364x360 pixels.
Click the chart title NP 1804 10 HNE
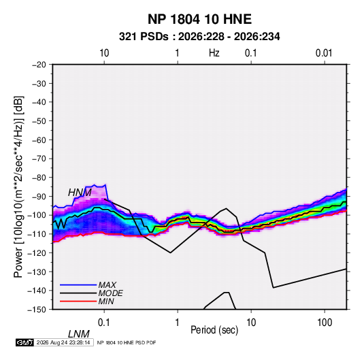pyautogui.click(x=199, y=19)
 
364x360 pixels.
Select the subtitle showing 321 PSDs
pyautogui.click(x=199, y=37)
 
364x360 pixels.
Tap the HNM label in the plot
pyautogui.click(x=80, y=193)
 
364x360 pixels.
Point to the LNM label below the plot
pyautogui.click(x=78, y=334)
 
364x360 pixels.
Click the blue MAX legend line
pyautogui.click(x=78, y=285)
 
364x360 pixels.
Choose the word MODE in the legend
pyautogui.click(x=110, y=293)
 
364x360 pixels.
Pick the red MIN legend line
pyautogui.click(x=78, y=301)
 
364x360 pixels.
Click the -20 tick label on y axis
pyautogui.click(x=39, y=65)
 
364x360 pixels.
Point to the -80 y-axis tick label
pyautogui.click(x=39, y=178)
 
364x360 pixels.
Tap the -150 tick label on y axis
pyautogui.click(x=37, y=310)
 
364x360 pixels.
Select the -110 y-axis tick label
pyautogui.click(x=37, y=234)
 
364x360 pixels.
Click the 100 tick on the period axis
pyautogui.click(x=325, y=323)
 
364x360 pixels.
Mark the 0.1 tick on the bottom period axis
pyautogui.click(x=104, y=323)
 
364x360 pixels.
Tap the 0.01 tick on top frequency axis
pyautogui.click(x=324, y=53)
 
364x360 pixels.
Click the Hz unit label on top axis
pyautogui.click(x=214, y=53)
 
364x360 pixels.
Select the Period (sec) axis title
pyautogui.click(x=214, y=330)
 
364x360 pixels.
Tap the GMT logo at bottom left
pyautogui.click(x=24, y=342)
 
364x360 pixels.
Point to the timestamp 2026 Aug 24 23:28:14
pyautogui.click(x=63, y=342)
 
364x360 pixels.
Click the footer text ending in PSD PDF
pyautogui.click(x=127, y=342)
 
